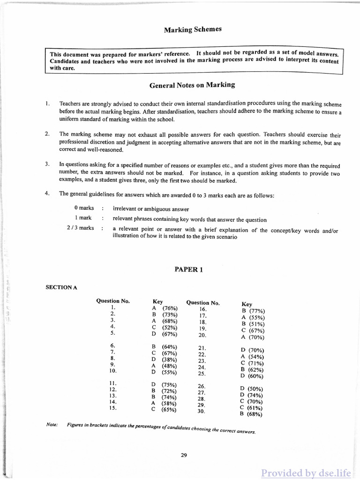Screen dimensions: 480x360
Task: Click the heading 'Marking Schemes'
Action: click(193, 30)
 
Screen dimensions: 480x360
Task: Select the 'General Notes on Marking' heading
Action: click(192, 85)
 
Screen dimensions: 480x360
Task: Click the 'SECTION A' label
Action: click(61, 287)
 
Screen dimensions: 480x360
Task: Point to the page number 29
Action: click(184, 454)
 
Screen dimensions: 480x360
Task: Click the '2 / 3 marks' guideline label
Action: click(80, 228)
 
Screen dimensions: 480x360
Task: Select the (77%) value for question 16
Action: click(257, 311)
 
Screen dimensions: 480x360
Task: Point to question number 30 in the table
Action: click(202, 411)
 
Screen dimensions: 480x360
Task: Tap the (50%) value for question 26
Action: click(256, 389)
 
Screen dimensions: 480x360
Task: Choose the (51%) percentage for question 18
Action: click(257, 324)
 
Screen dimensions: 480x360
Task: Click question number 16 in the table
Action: click(203, 309)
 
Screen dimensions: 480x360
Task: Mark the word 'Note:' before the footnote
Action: click(52, 425)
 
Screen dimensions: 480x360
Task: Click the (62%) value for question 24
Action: click(256, 369)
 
